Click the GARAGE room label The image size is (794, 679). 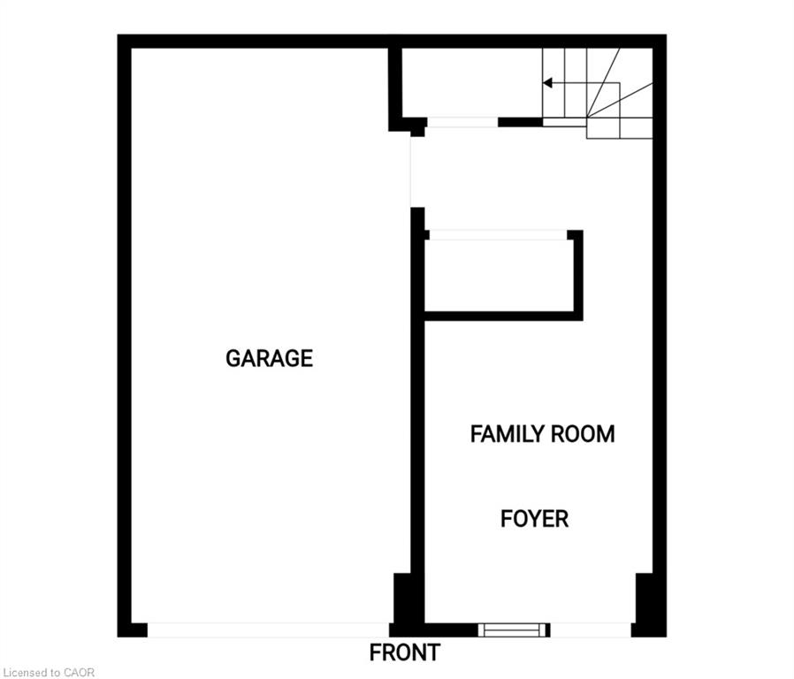pyautogui.click(x=269, y=358)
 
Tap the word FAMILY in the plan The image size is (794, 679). pyautogui.click(x=507, y=434)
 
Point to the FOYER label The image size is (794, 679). pyautogui.click(x=534, y=519)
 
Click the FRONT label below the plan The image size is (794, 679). pyautogui.click(x=405, y=652)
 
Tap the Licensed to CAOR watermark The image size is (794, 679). pyautogui.click(x=49, y=673)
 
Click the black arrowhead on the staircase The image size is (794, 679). pyautogui.click(x=547, y=82)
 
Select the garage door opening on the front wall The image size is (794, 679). pyautogui.click(x=268, y=629)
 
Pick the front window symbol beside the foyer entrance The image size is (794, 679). pyautogui.click(x=514, y=629)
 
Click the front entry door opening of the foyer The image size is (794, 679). pyautogui.click(x=591, y=629)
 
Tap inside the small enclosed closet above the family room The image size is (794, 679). pyautogui.click(x=499, y=276)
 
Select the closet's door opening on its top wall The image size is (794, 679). pyautogui.click(x=498, y=235)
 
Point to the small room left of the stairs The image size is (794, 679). pyautogui.click(x=472, y=82)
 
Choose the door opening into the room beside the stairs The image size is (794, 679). pyautogui.click(x=462, y=122)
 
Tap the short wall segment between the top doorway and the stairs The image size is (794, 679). pyautogui.click(x=521, y=122)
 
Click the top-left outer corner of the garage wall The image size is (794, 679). pyautogui.click(x=118, y=35)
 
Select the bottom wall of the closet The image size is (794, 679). pyautogui.click(x=503, y=316)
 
